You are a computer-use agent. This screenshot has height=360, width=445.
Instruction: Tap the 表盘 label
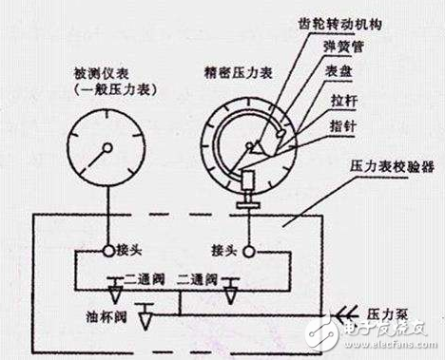[343, 74]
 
